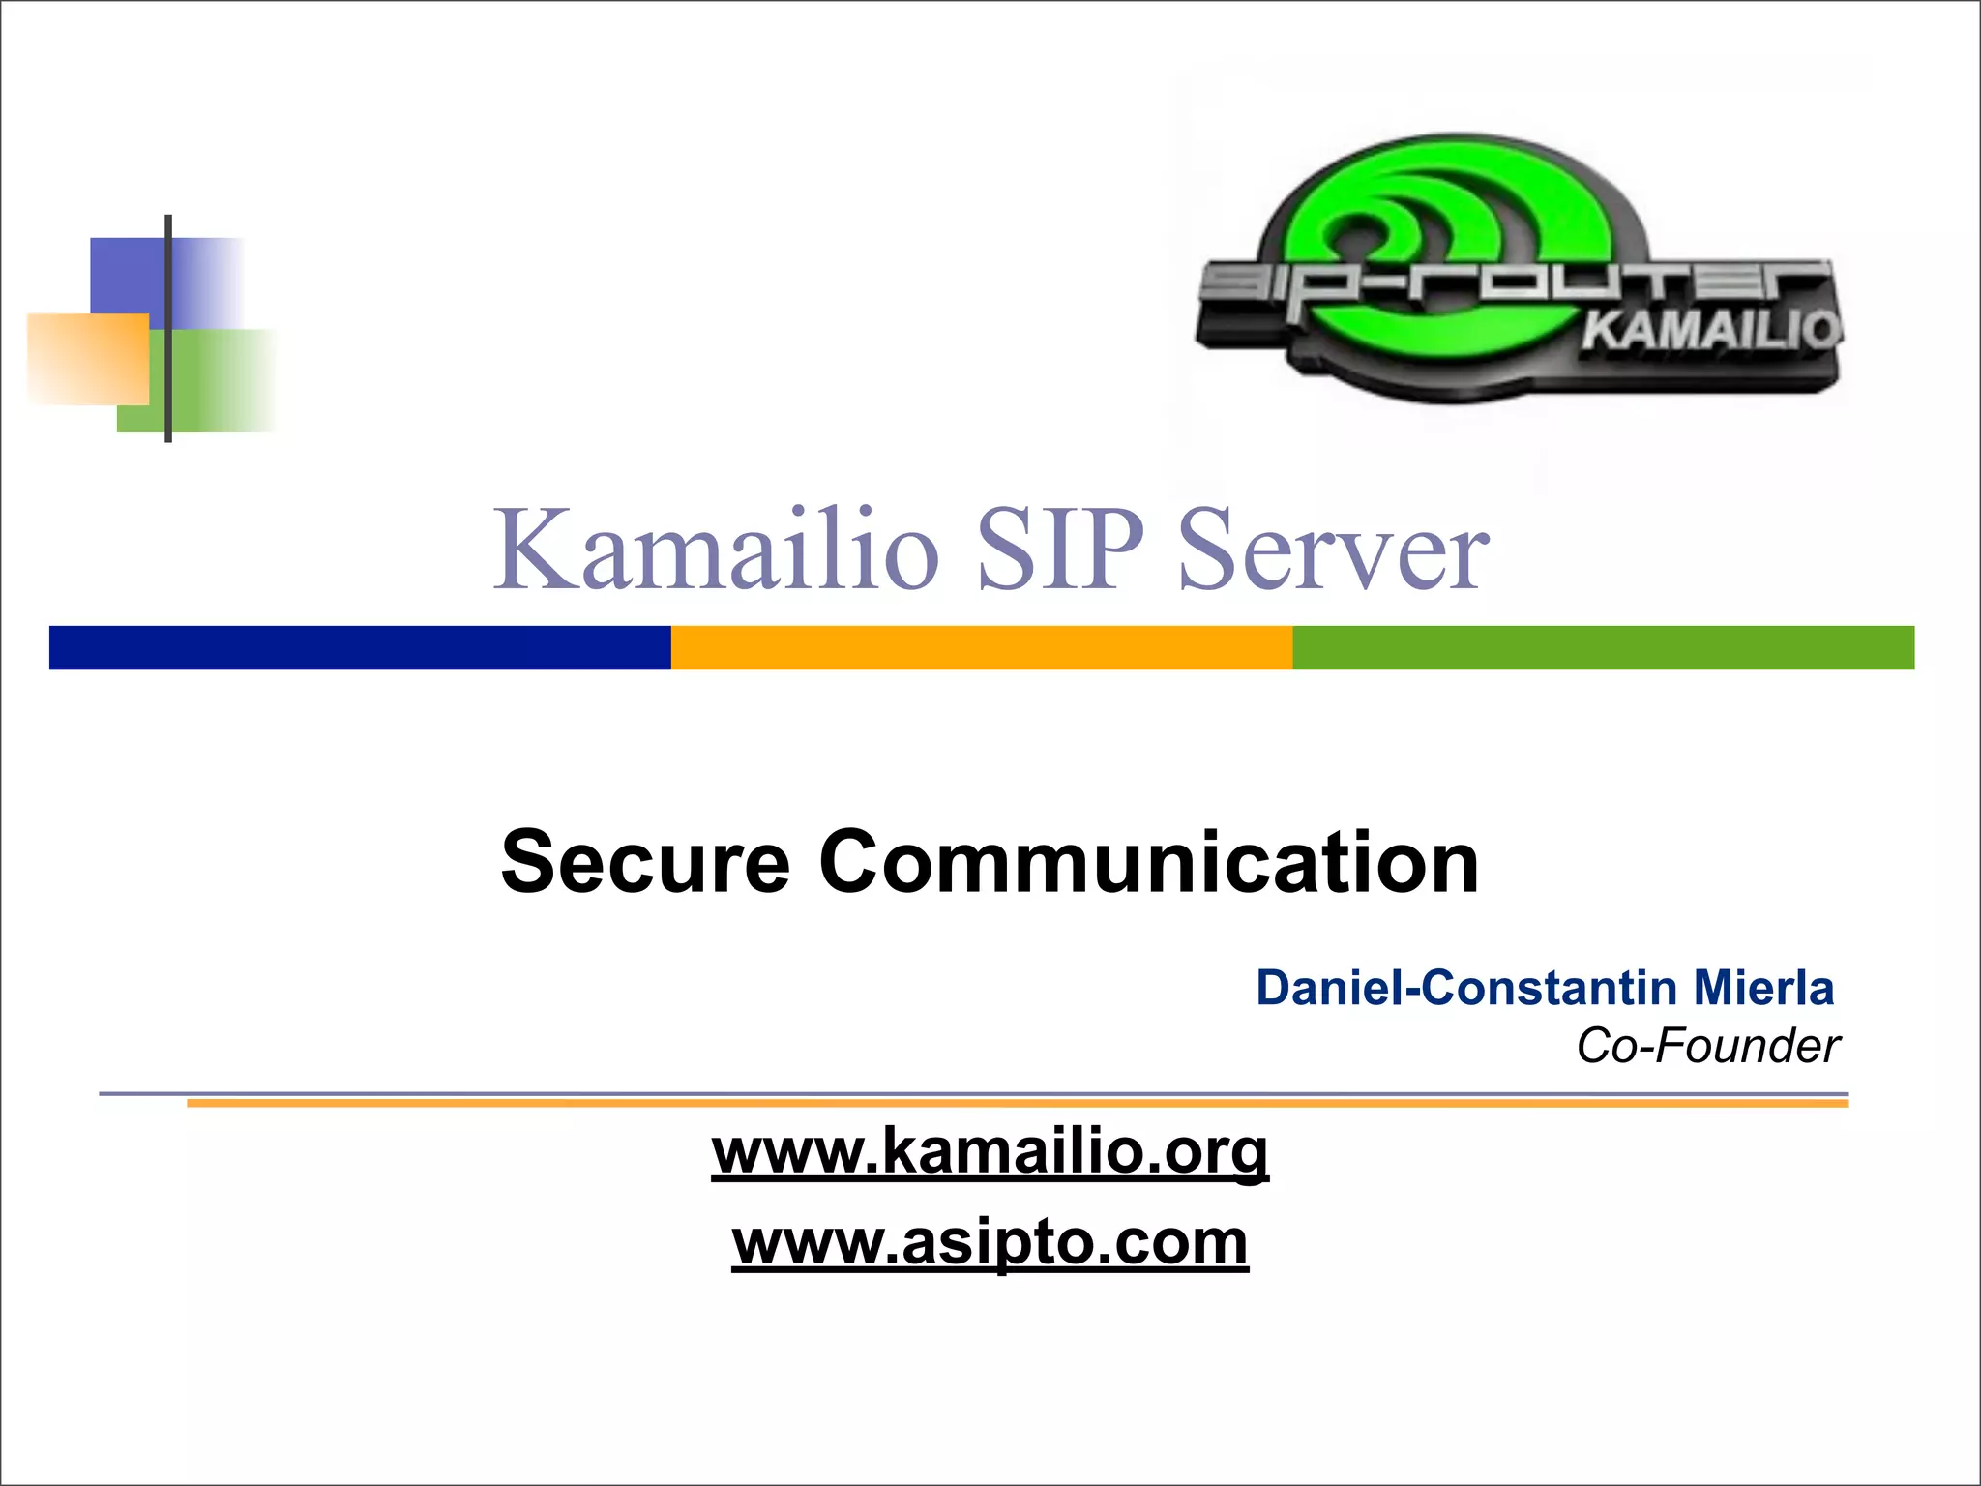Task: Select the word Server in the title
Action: (x=1334, y=551)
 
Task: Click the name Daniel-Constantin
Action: (x=1466, y=988)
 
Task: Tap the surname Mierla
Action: (x=1763, y=988)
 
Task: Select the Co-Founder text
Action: (x=1708, y=1046)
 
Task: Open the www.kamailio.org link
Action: (x=990, y=1151)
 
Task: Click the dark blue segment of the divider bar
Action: (x=360, y=647)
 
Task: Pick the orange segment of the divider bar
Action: (x=982, y=647)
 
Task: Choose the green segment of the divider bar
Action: (x=1603, y=647)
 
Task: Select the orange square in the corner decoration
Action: (x=87, y=358)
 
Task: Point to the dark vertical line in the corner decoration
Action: (x=168, y=329)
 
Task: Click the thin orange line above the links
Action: (x=1017, y=1104)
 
